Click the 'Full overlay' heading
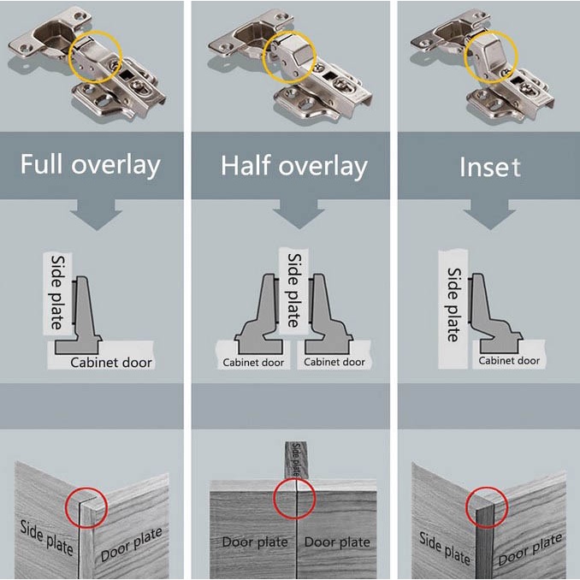[x=91, y=163]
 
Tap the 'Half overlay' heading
[x=293, y=165]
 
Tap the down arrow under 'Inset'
[x=490, y=217]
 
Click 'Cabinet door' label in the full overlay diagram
[x=111, y=362]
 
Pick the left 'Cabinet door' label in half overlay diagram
[x=253, y=362]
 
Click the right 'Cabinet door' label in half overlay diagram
[x=335, y=362]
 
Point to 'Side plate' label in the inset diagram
[x=453, y=304]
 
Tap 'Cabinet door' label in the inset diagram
[x=509, y=361]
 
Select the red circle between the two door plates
[x=294, y=499]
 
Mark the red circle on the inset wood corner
[x=486, y=508]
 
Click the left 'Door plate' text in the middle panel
[x=255, y=542]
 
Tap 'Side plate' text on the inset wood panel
[x=446, y=547]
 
